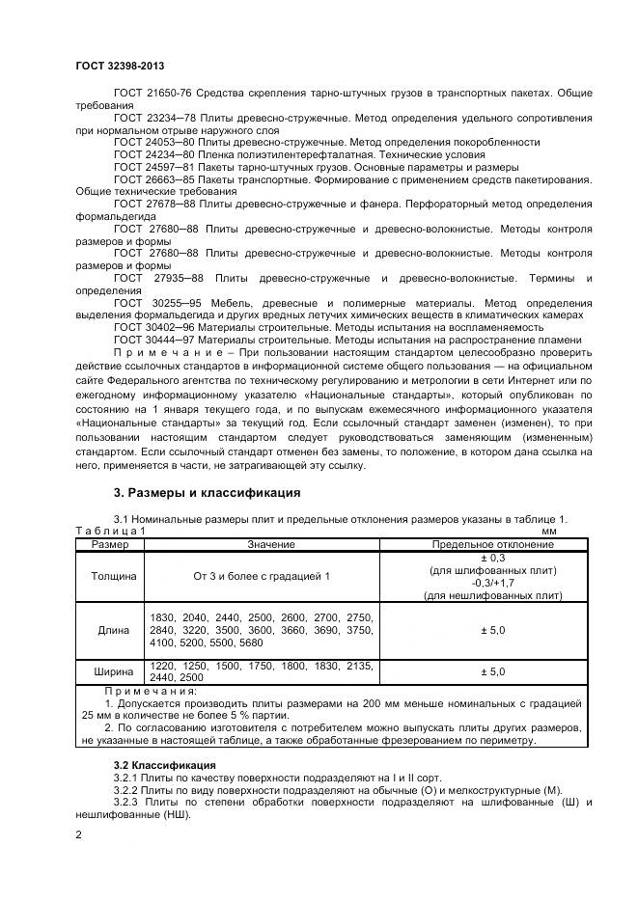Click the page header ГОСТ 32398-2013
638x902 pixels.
pyautogui.click(x=121, y=65)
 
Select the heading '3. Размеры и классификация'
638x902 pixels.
pyautogui.click(x=207, y=494)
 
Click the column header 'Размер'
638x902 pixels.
pyautogui.click(x=109, y=545)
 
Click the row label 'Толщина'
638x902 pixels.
pyautogui.click(x=114, y=576)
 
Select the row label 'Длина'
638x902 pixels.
pyautogui.click(x=114, y=630)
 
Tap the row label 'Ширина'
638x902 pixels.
pyautogui.click(x=114, y=671)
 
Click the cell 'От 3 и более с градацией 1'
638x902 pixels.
pyautogui.click(x=263, y=576)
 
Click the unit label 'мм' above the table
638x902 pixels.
pyautogui.click(x=549, y=531)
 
